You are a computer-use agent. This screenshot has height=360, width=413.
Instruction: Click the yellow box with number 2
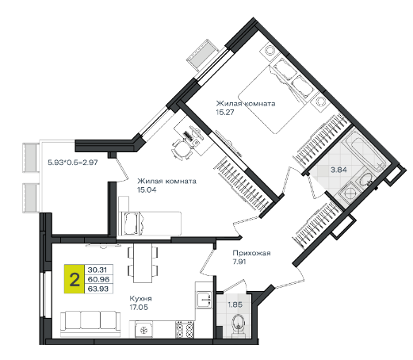tap(75, 279)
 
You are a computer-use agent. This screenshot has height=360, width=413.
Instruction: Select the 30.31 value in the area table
tap(98, 270)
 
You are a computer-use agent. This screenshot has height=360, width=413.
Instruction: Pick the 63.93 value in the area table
tap(98, 289)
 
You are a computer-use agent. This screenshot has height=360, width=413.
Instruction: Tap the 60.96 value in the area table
tap(98, 279)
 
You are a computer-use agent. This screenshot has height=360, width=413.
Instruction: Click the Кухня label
tap(140, 299)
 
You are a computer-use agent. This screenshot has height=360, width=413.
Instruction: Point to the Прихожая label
tap(251, 253)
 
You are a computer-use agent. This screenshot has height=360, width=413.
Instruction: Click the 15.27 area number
tap(225, 112)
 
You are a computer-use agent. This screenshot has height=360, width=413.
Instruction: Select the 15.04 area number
tap(147, 190)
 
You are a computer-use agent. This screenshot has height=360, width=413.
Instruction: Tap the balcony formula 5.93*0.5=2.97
tap(73, 162)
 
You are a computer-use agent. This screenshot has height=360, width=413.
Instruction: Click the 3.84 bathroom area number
tap(338, 170)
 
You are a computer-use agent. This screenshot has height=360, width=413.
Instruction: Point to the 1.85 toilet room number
tap(235, 304)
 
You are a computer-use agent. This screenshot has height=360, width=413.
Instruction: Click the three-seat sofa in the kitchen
tap(90, 324)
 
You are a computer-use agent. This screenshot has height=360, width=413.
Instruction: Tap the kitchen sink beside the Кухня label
tap(204, 300)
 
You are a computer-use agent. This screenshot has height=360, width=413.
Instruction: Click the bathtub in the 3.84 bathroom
tap(363, 151)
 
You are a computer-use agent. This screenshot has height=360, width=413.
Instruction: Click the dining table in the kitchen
tap(143, 263)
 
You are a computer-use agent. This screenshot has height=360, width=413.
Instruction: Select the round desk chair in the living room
tap(182, 148)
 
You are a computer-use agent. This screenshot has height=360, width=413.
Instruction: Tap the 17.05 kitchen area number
tap(139, 308)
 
